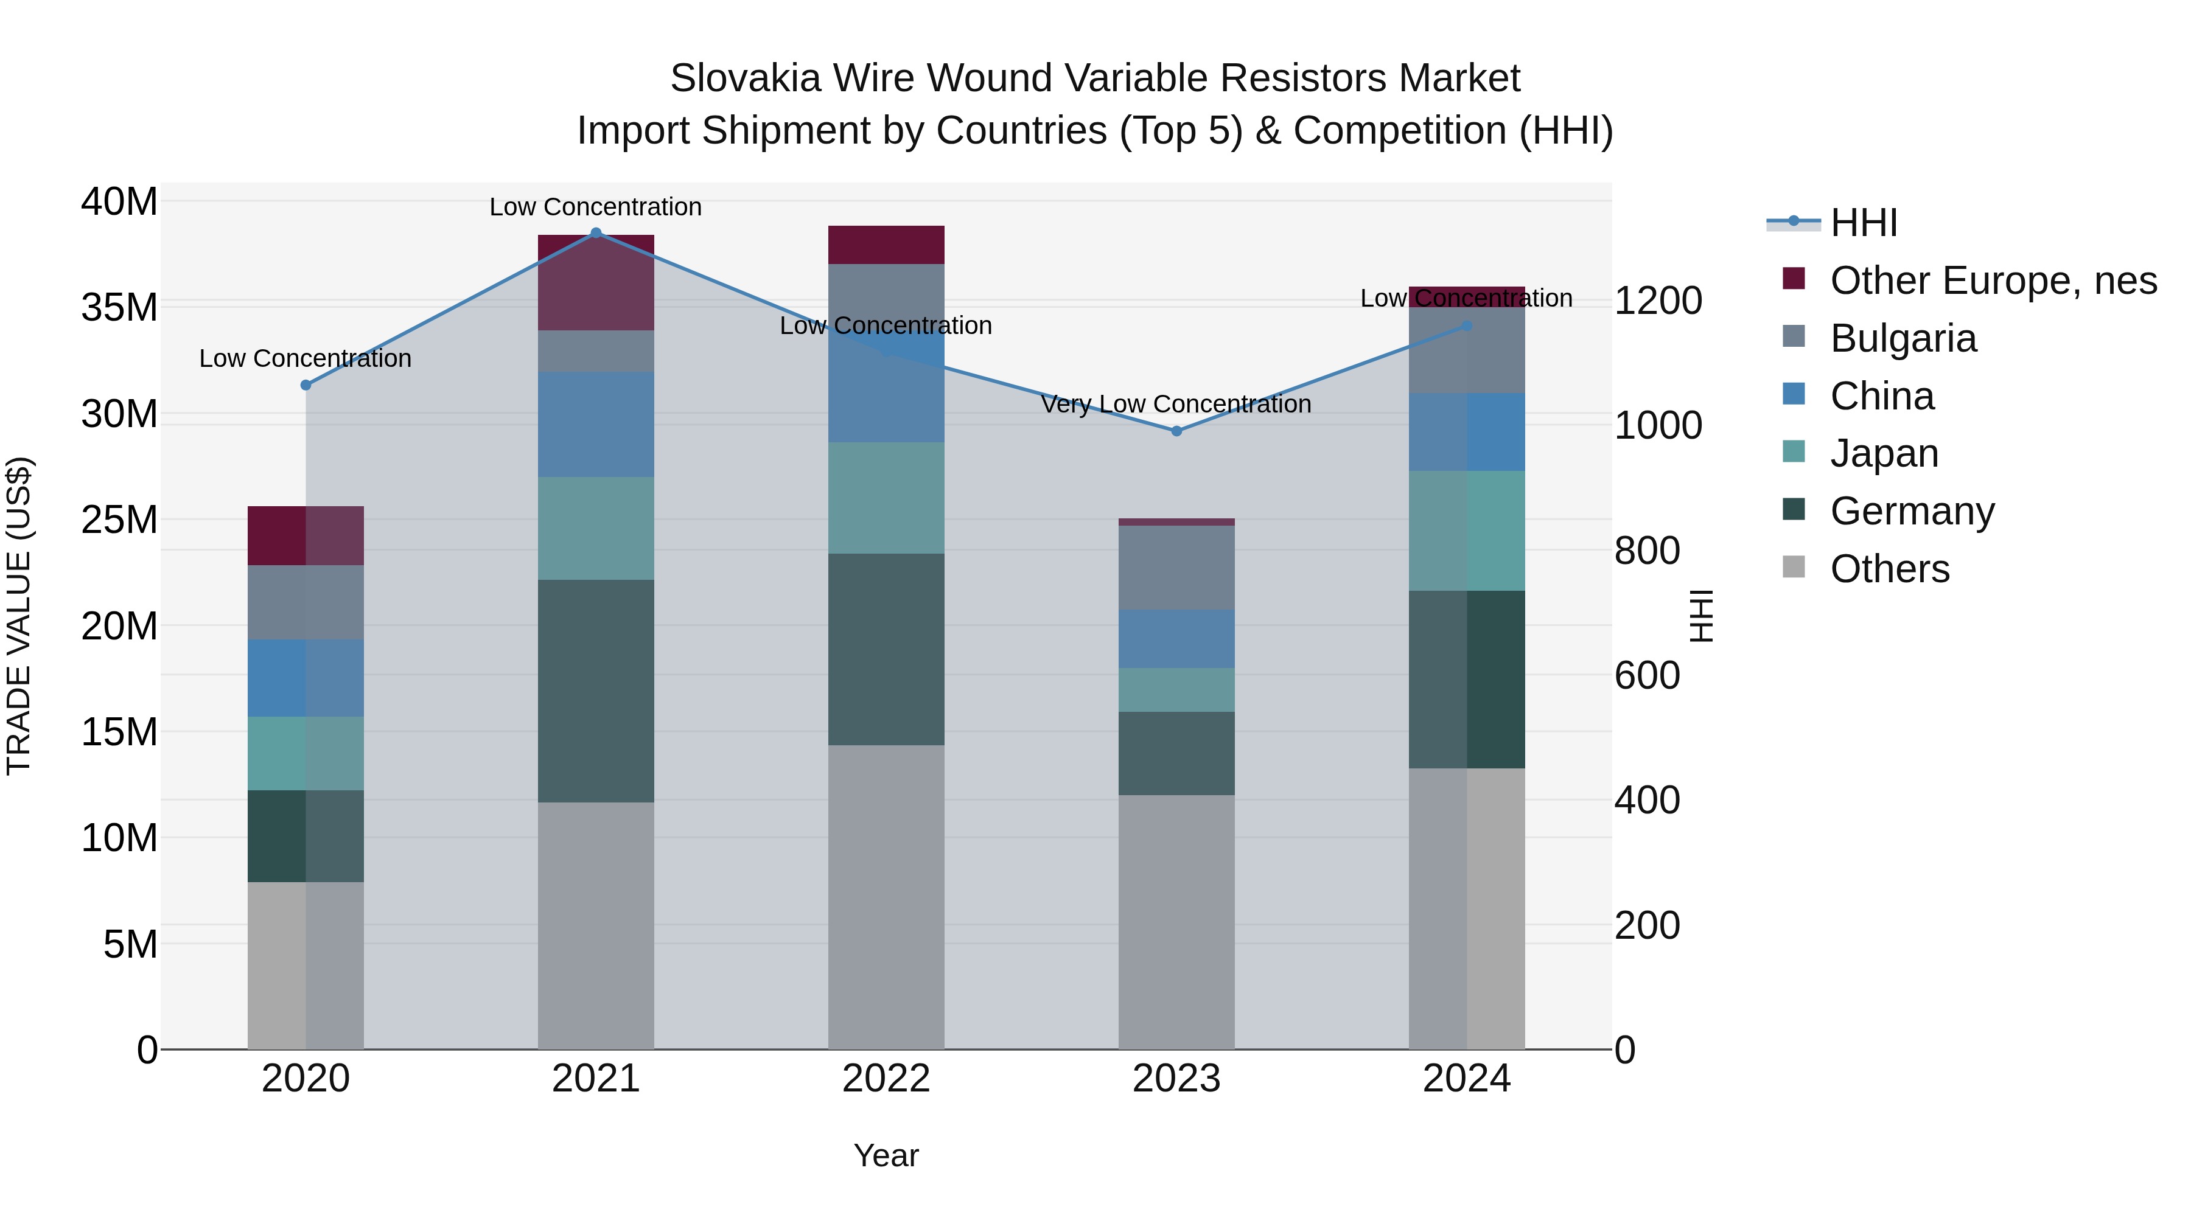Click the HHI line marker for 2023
pos(1176,431)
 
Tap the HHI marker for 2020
pos(306,385)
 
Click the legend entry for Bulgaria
pos(1903,338)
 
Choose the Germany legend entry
pos(1911,511)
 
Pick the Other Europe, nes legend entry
pos(1993,280)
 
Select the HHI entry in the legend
pos(1863,223)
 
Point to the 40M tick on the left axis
pos(119,203)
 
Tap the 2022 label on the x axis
pos(886,1079)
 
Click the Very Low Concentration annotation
pos(1176,404)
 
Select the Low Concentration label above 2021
pos(595,207)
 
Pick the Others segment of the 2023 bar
pos(1176,922)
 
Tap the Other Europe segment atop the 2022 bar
pos(886,245)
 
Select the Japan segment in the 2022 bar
pos(886,498)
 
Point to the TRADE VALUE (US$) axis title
pos(19,616)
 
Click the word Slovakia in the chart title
pos(745,78)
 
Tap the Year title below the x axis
pos(886,1155)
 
